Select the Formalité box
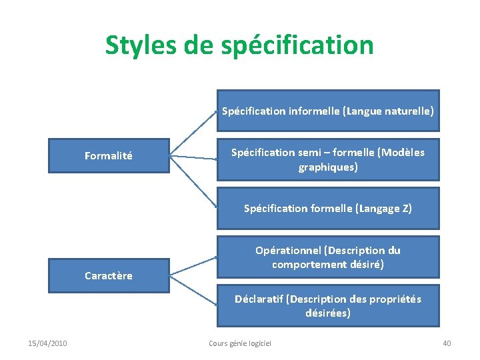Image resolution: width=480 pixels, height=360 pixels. click(109, 156)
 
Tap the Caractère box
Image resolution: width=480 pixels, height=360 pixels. click(109, 275)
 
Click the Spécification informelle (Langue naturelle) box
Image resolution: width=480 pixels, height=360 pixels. click(327, 111)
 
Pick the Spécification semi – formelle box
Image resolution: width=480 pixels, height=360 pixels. click(327, 160)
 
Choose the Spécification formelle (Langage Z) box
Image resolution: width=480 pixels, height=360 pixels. click(327, 209)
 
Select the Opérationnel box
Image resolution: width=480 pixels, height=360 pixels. click(327, 257)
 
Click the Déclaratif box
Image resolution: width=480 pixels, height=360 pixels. click(327, 306)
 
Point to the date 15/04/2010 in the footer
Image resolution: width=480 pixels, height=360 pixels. click(47, 343)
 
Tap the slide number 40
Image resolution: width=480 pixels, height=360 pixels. click(447, 343)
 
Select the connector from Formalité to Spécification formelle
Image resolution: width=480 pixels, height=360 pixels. click(193, 181)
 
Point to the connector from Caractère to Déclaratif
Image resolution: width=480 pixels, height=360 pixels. click(193, 290)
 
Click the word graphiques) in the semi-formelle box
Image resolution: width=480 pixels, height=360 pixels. click(328, 167)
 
